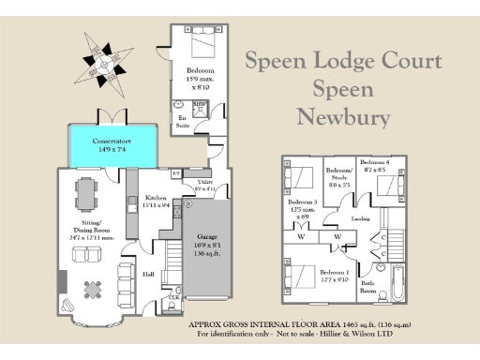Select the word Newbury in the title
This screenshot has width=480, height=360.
click(x=342, y=117)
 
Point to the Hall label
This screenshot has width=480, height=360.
click(x=148, y=274)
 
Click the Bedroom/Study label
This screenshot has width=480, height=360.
click(x=337, y=176)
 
